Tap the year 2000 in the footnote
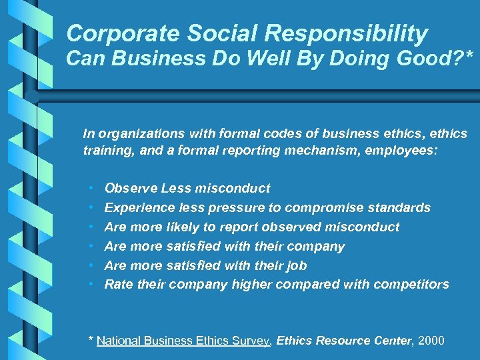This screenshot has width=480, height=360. [x=431, y=341]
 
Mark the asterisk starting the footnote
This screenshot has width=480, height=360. [x=91, y=339]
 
